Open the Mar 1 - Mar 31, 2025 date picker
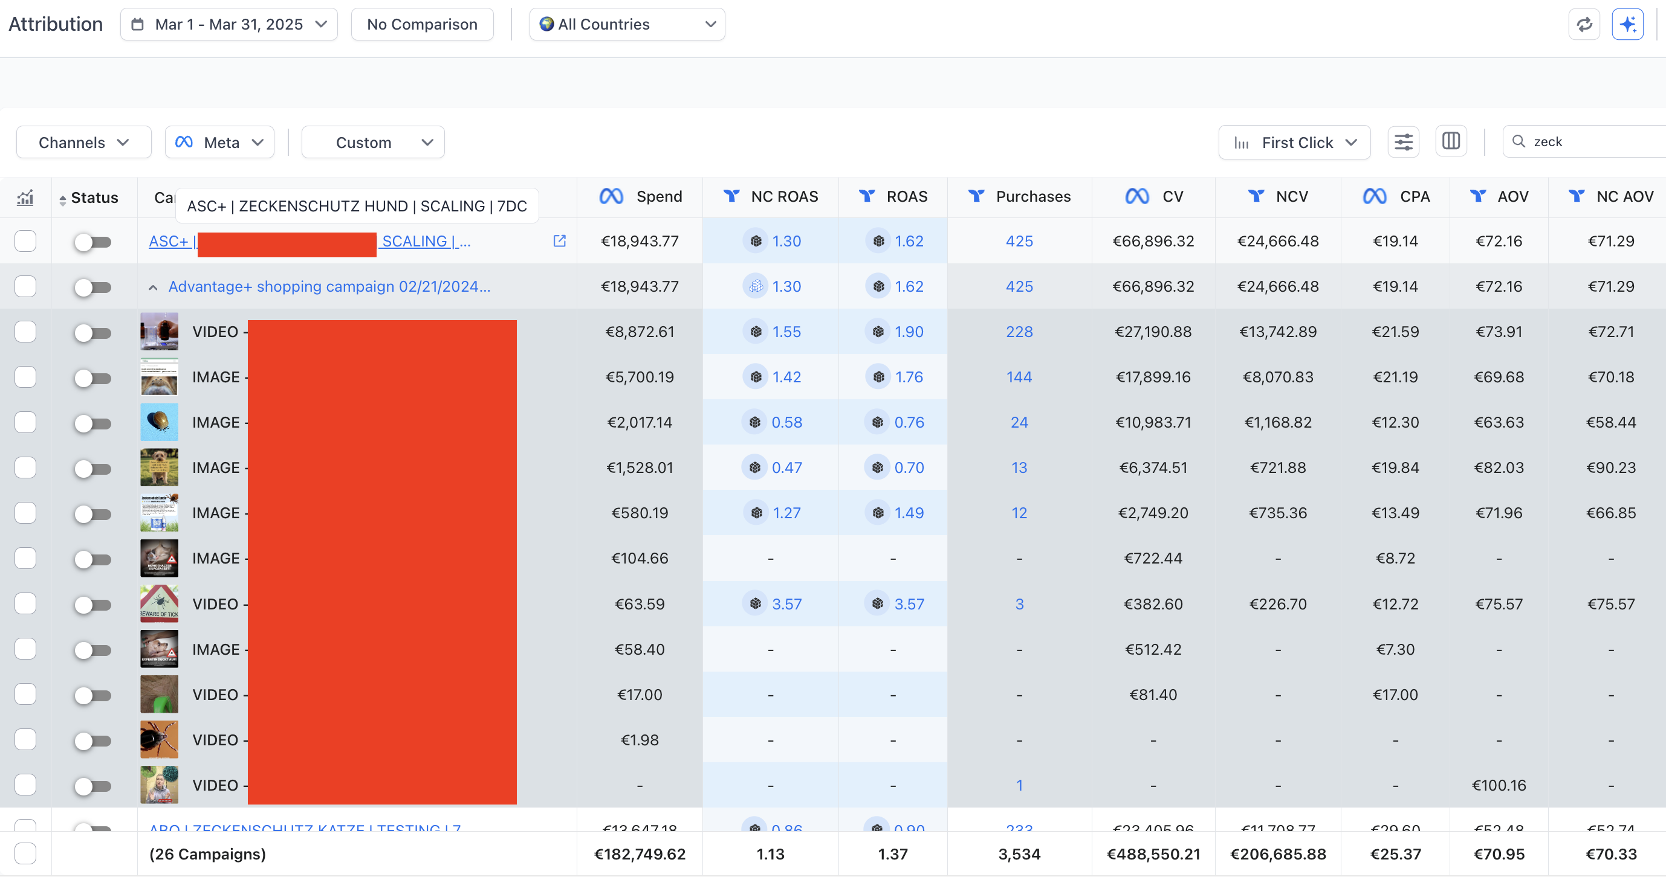point(229,25)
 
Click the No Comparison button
point(422,25)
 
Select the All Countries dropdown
point(627,25)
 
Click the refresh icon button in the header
point(1584,25)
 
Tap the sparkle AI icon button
point(1627,25)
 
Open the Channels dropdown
point(83,142)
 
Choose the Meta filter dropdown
point(219,142)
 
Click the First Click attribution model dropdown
point(1294,142)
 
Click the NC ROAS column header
point(784,196)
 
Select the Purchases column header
point(1033,196)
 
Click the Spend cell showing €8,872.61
point(639,332)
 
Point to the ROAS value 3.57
point(909,604)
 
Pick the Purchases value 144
point(1019,377)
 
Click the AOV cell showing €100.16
point(1499,785)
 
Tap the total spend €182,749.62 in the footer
point(639,853)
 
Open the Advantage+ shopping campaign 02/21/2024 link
point(329,286)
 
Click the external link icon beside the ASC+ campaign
point(559,241)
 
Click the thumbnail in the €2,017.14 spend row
point(159,422)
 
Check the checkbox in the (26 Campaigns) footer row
point(25,853)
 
